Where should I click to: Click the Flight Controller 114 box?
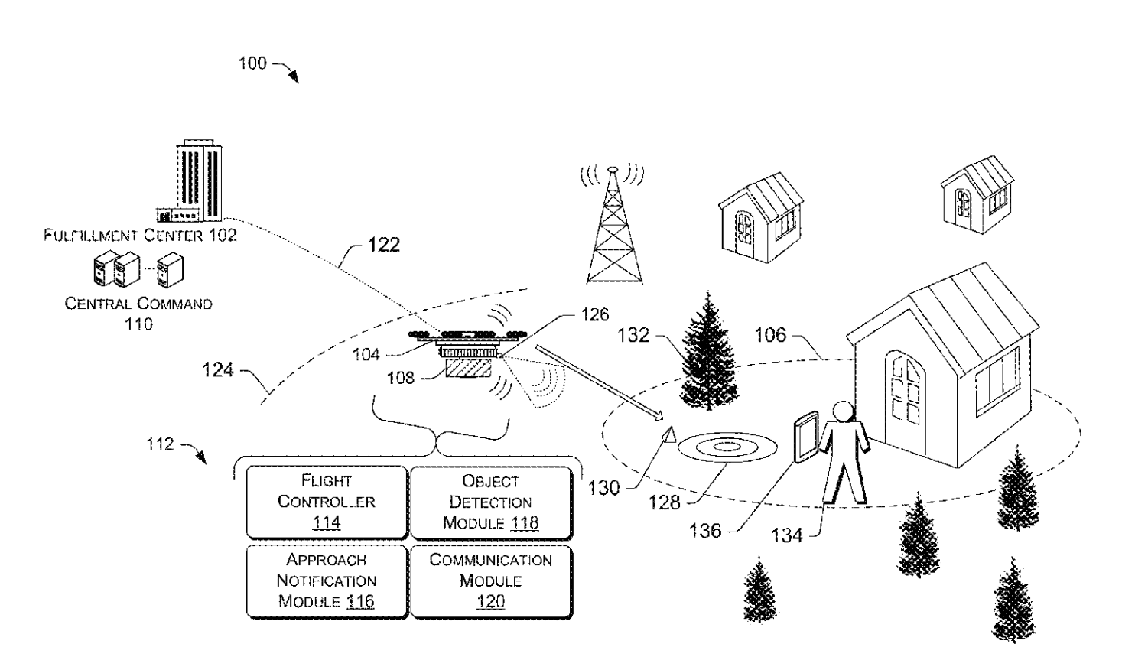coord(327,502)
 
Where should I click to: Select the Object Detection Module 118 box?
coord(490,502)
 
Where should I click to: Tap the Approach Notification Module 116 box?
coord(327,581)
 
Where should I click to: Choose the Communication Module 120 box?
coord(490,581)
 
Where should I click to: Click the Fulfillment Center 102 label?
coord(140,235)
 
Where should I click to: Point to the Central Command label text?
coord(138,304)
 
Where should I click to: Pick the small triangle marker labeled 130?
coord(670,436)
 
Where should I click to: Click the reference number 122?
coord(382,245)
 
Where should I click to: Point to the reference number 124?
coord(218,371)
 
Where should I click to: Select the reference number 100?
coord(252,63)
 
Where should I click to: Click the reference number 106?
coord(771,335)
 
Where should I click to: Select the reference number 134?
coord(787,535)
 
